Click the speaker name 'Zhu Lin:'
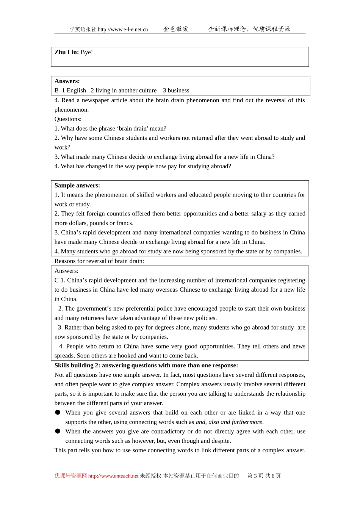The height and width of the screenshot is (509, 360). click(66, 52)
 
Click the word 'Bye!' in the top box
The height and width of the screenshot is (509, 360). click(87, 52)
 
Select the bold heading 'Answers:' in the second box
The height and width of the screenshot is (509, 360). click(67, 81)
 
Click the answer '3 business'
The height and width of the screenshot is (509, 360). click(176, 91)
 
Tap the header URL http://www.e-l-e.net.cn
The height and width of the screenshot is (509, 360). click(123, 30)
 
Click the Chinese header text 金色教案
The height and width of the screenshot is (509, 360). click(176, 29)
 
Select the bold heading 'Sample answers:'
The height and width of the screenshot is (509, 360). click(77, 186)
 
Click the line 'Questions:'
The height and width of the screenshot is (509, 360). click(68, 119)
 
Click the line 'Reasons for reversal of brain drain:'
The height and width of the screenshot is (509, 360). click(99, 261)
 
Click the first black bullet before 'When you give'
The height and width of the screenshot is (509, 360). click(58, 412)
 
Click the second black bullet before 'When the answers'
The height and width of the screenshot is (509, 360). click(58, 431)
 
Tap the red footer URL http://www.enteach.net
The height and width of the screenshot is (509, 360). click(113, 476)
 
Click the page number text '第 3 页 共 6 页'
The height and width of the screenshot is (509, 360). click(264, 476)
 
